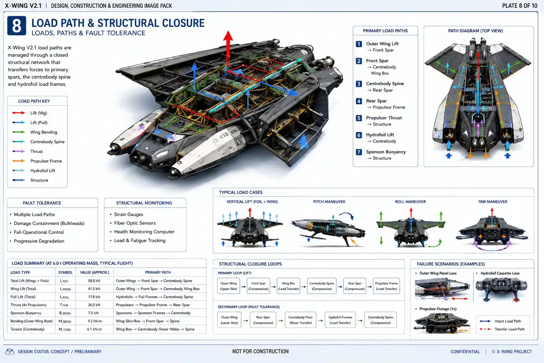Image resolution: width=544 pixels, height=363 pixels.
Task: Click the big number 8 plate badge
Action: click(17, 26)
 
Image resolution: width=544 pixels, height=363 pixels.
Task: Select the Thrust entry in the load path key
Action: click(37, 151)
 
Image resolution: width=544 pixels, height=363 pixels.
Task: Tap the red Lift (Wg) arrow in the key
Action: click(19, 113)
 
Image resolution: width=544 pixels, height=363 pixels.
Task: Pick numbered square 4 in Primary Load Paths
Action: click(359, 101)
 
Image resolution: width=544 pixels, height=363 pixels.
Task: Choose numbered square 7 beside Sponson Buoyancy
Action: click(359, 152)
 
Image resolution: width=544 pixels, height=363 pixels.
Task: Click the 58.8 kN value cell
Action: click(94, 281)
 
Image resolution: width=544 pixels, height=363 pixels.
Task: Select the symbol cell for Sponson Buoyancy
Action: click(65, 313)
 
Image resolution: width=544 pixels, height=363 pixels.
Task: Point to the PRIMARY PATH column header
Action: click(158, 272)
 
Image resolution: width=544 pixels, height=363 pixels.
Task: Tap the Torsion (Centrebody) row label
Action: click(27, 329)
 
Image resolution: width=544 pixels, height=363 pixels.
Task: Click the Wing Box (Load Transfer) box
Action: click(288, 286)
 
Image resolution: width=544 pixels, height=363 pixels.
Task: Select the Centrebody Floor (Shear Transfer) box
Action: click(301, 320)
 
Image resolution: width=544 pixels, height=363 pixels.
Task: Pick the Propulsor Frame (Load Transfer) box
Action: click(386, 286)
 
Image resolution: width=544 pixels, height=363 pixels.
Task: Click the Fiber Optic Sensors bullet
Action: click(135, 223)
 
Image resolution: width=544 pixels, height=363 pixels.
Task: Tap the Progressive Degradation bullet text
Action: click(39, 241)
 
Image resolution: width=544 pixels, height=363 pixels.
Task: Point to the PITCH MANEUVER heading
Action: click(329, 202)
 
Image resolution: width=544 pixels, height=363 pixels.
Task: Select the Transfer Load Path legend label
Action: click(510, 329)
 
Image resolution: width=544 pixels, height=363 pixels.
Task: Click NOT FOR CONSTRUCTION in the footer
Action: click(260, 351)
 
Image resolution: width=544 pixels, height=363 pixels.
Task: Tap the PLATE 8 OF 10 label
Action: click(520, 6)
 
